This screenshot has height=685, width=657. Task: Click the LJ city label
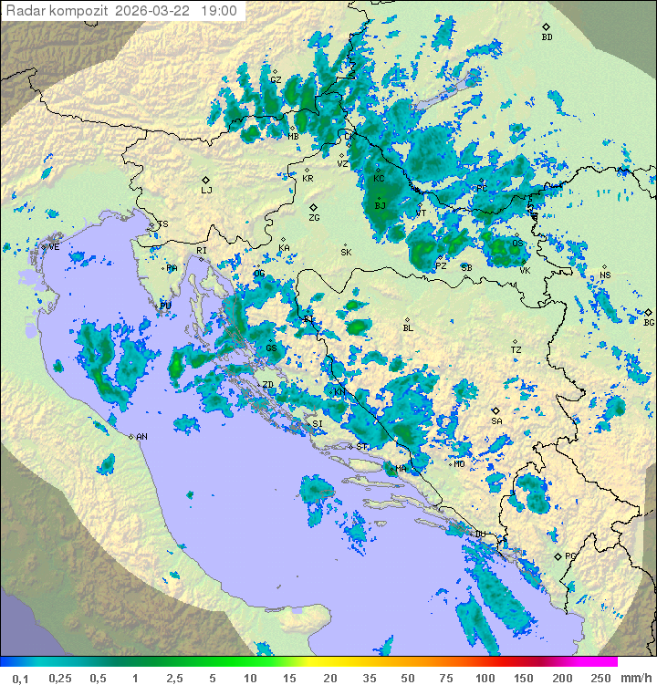[206, 191]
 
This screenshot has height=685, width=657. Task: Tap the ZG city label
[314, 218]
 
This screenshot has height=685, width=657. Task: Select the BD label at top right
[547, 37]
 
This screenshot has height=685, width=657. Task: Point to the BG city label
[649, 323]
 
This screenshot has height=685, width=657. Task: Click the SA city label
[496, 421]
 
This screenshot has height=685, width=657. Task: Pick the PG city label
[570, 555]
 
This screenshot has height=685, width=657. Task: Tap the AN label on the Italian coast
[141, 437]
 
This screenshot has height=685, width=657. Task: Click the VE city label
[54, 247]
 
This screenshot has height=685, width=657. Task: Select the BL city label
[408, 328]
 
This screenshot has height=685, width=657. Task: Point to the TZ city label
[516, 350]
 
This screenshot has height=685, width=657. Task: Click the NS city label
[605, 275]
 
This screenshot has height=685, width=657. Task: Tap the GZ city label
[275, 79]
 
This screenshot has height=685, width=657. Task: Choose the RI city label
[202, 250]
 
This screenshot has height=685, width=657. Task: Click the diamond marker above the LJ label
[206, 180]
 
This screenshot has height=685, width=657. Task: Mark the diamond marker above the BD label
[547, 26]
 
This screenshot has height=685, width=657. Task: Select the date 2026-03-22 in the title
[152, 11]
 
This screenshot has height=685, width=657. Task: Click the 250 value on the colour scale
[600, 678]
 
